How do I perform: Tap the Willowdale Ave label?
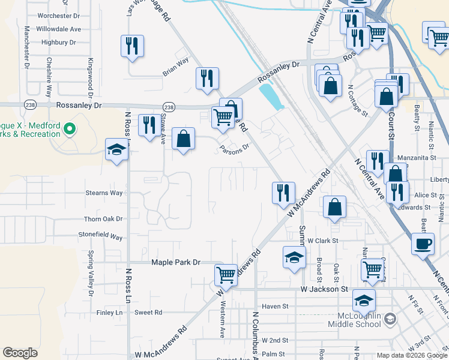tap(58, 29)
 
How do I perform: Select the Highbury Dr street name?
tap(59, 43)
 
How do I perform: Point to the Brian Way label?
tap(175, 67)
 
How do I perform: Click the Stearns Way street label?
tap(103, 193)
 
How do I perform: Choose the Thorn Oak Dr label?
tap(103, 220)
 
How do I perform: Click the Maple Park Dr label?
tap(175, 262)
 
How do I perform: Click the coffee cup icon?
tap(423, 244)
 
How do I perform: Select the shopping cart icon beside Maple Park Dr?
tap(226, 275)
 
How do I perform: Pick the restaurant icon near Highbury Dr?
tap(132, 46)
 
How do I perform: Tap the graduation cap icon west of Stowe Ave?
tap(116, 150)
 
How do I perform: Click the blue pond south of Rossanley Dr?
tap(271, 96)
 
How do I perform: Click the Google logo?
tap(20, 353)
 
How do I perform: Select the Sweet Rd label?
tap(148, 313)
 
